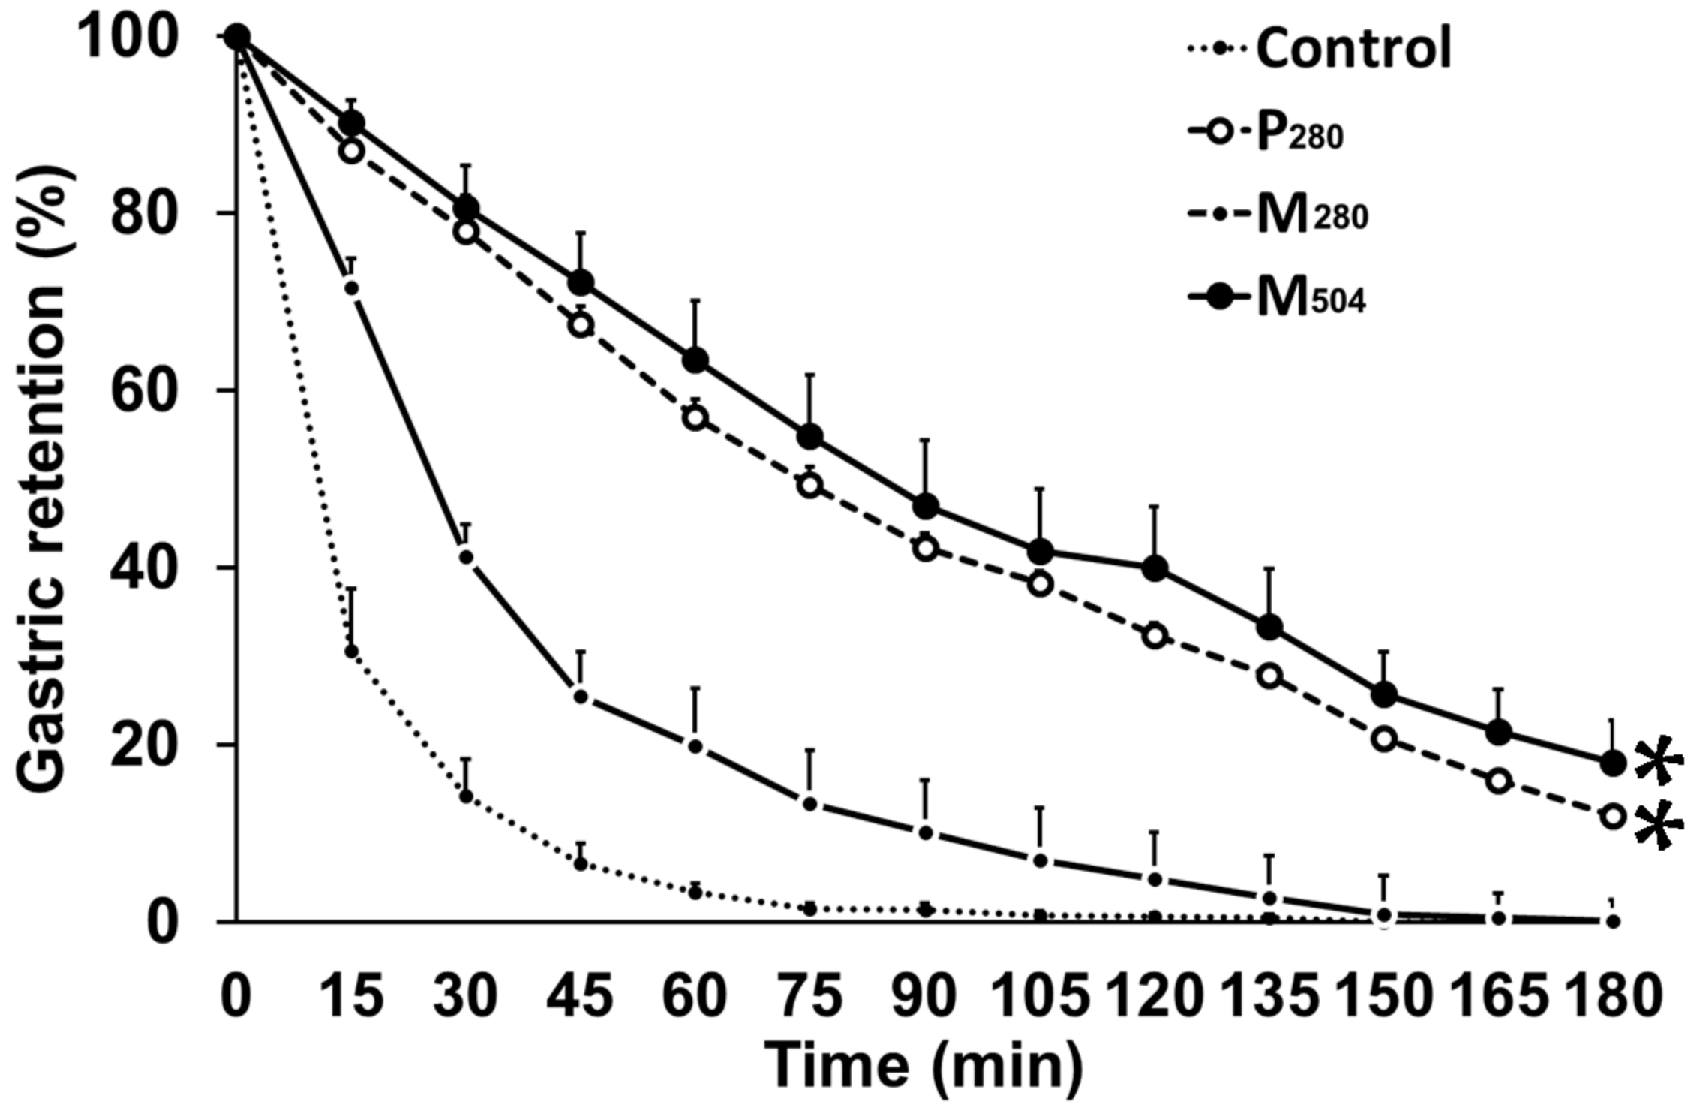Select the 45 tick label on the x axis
pyautogui.click(x=579, y=997)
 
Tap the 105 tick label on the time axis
pyautogui.click(x=1040, y=997)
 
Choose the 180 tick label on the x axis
pyautogui.click(x=1613, y=997)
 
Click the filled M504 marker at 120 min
pyautogui.click(x=1155, y=568)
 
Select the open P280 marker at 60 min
pyautogui.click(x=695, y=417)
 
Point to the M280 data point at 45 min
pyautogui.click(x=580, y=697)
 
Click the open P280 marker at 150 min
pyautogui.click(x=1384, y=739)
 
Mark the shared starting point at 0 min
pyautogui.click(x=237, y=36)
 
